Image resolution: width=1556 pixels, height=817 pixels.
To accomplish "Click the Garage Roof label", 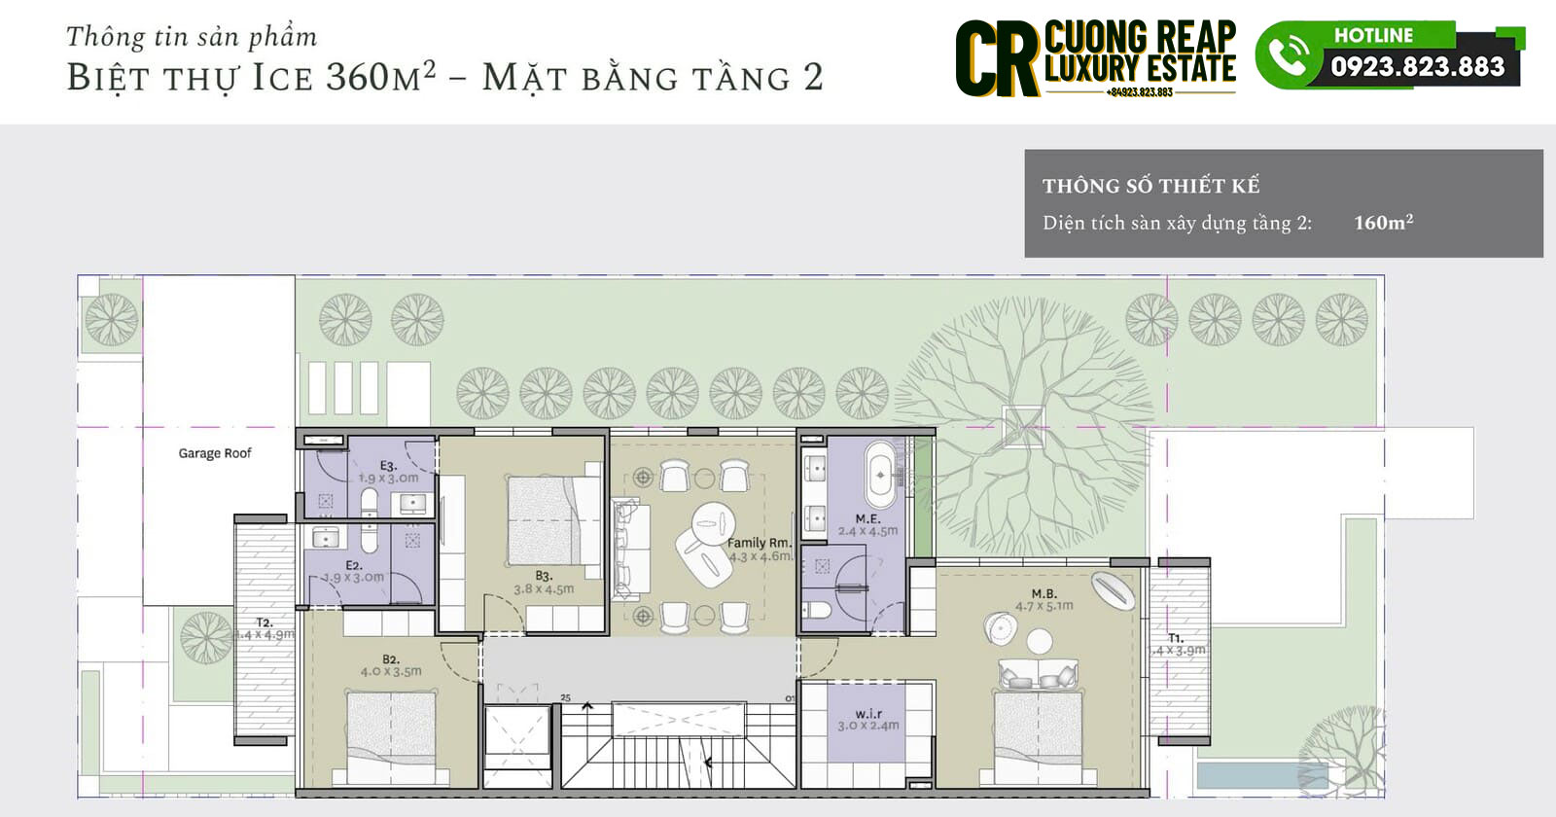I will pos(215,453).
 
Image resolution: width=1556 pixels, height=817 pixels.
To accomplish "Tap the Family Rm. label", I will pos(760,543).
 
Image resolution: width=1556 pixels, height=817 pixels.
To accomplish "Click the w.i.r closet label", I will pos(868,714).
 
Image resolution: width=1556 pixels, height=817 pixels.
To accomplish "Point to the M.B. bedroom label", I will pos(1043,593).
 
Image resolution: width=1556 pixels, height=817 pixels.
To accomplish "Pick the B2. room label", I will pos(391,658).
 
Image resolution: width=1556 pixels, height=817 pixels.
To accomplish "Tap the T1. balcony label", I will pos(1176,638).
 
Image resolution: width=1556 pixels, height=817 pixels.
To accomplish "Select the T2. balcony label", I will pos(264,622).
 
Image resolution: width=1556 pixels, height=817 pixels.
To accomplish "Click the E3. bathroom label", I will pos(388,466).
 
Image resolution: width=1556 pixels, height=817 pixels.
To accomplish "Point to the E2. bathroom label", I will pos(353,565).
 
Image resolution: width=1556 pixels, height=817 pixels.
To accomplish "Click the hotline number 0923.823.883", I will pos(1417,66).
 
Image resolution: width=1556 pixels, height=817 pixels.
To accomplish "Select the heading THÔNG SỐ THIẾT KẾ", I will pos(1150,186).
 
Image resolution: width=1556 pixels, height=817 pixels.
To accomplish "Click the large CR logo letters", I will pos(997,60).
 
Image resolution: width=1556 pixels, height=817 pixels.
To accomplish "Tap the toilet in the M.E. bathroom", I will pos(817,612).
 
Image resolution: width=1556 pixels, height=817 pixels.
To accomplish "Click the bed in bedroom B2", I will pos(390,734).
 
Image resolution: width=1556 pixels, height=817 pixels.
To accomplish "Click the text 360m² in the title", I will pos(380,76).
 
